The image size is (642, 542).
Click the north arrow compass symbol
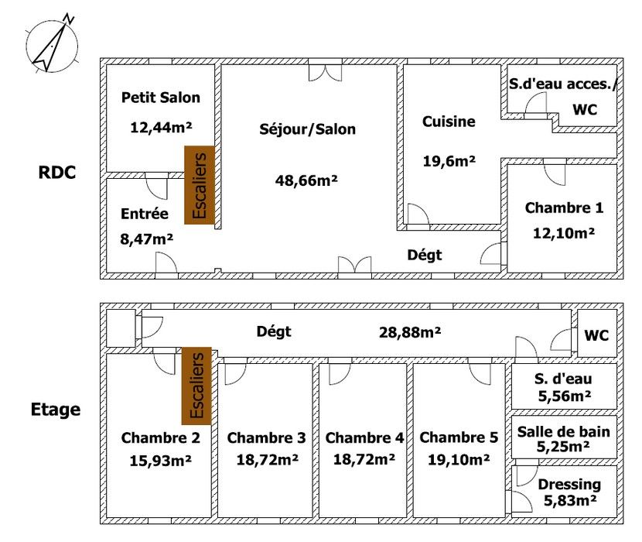pyautogui.click(x=51, y=44)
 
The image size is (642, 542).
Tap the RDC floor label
pyautogui.click(x=57, y=172)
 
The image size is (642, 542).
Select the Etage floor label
pyautogui.click(x=56, y=410)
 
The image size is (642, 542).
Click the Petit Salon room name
pyautogui.click(x=161, y=97)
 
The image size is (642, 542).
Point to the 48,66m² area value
pyautogui.click(x=306, y=180)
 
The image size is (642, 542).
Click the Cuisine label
pyautogui.click(x=449, y=122)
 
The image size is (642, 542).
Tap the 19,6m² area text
pyautogui.click(x=449, y=161)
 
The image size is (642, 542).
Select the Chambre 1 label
pyautogui.click(x=564, y=208)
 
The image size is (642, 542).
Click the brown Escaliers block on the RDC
pyautogui.click(x=200, y=185)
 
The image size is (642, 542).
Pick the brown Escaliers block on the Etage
pyautogui.click(x=196, y=386)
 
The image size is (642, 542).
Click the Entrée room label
pyautogui.click(x=145, y=213)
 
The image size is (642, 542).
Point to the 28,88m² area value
pyautogui.click(x=410, y=332)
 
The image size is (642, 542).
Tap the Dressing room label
pyautogui.click(x=569, y=484)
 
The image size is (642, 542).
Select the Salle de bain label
pyautogui.click(x=564, y=431)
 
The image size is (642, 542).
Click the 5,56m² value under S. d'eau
pyautogui.click(x=564, y=396)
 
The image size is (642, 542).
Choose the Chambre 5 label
pyautogui.click(x=459, y=437)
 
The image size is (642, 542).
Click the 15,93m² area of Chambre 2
pyautogui.click(x=161, y=461)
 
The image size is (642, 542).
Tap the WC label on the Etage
pyautogui.click(x=596, y=335)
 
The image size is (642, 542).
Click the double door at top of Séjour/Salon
pyautogui.click(x=325, y=73)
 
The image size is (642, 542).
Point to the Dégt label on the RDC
pyautogui.click(x=425, y=255)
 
